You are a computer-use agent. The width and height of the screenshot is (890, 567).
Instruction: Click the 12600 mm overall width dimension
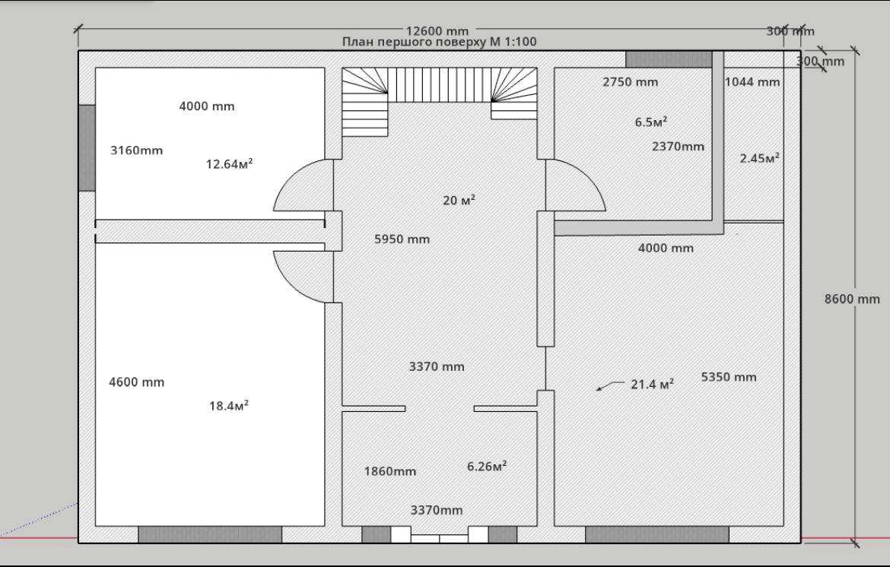[x=437, y=31]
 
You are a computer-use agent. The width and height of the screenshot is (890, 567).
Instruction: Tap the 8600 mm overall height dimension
[x=852, y=299]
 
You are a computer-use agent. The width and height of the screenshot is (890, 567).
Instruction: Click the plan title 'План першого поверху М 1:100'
[x=439, y=42]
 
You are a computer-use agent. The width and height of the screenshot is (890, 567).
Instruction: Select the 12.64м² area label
[x=229, y=164]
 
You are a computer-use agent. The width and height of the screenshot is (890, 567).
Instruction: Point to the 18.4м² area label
[x=229, y=405]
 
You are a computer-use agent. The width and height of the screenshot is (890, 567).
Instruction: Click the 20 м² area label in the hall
[x=459, y=200]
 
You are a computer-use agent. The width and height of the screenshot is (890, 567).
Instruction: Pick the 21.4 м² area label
[x=652, y=384]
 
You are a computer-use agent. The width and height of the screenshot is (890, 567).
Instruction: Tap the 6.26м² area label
[x=486, y=466]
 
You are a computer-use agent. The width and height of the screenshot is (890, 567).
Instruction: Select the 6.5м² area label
[x=650, y=122]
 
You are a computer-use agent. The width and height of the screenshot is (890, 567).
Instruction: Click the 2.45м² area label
[x=759, y=158]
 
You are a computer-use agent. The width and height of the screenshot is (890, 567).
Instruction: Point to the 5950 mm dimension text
[x=402, y=239]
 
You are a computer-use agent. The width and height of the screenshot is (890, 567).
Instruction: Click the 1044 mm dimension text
[x=752, y=81]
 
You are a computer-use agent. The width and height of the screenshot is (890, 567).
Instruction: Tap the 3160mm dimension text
[x=136, y=150]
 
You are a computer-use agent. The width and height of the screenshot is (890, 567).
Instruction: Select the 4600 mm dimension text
[x=136, y=382]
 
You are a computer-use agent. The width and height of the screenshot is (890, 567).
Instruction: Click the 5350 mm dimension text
[x=729, y=377]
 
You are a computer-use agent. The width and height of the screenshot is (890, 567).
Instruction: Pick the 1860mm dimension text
[x=390, y=471]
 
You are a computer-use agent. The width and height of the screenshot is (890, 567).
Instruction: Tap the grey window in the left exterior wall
[x=87, y=147]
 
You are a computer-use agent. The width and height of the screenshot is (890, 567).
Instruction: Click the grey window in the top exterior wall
[x=669, y=59]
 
